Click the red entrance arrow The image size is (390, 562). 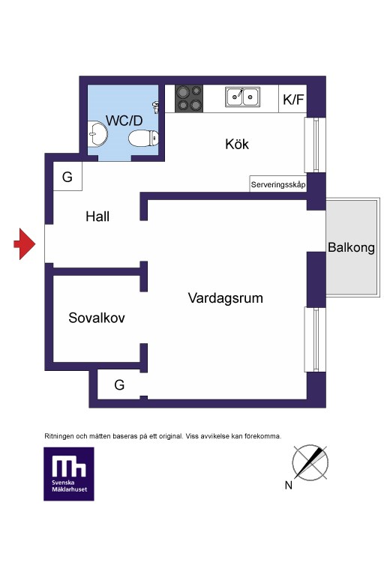click(x=25, y=244)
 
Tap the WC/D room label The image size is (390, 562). click(x=124, y=121)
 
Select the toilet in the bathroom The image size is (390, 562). click(x=143, y=139)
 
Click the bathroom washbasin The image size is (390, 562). click(x=97, y=134)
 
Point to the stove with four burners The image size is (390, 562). click(x=189, y=98)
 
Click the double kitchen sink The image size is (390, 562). click(x=243, y=97)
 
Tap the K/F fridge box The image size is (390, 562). click(x=292, y=99)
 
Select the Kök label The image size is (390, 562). click(x=237, y=144)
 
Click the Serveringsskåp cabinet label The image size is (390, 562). click(x=278, y=184)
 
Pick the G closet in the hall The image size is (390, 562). click(x=67, y=176)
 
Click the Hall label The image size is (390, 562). click(x=97, y=217)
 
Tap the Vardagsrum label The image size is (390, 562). click(x=225, y=298)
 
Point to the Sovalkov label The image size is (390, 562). click(x=97, y=318)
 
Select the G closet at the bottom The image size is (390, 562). click(x=119, y=384)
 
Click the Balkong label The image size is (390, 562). click(x=351, y=248)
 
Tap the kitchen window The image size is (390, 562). click(x=315, y=145)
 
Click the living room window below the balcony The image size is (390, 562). click(x=315, y=339)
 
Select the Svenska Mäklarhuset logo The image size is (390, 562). click(x=69, y=474)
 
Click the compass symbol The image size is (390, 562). click(x=310, y=462)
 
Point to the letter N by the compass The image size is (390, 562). click(x=289, y=486)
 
